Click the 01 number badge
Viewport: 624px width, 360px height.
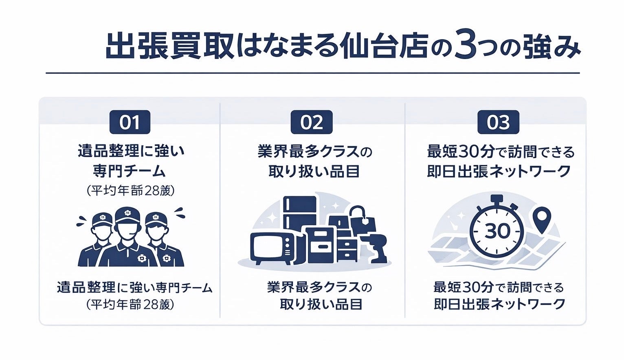[x=130, y=122]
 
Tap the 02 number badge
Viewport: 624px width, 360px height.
[x=312, y=122]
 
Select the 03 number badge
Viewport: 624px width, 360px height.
[x=498, y=122]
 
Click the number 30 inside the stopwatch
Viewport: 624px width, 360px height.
[x=497, y=231]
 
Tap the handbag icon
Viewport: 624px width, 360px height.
[x=361, y=220]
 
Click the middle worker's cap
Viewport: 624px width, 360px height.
[x=127, y=214]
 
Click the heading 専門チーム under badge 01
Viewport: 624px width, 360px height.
[x=130, y=171]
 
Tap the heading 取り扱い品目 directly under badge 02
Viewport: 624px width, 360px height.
[x=314, y=171]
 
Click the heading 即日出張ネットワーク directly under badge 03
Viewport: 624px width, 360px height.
[x=499, y=171]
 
